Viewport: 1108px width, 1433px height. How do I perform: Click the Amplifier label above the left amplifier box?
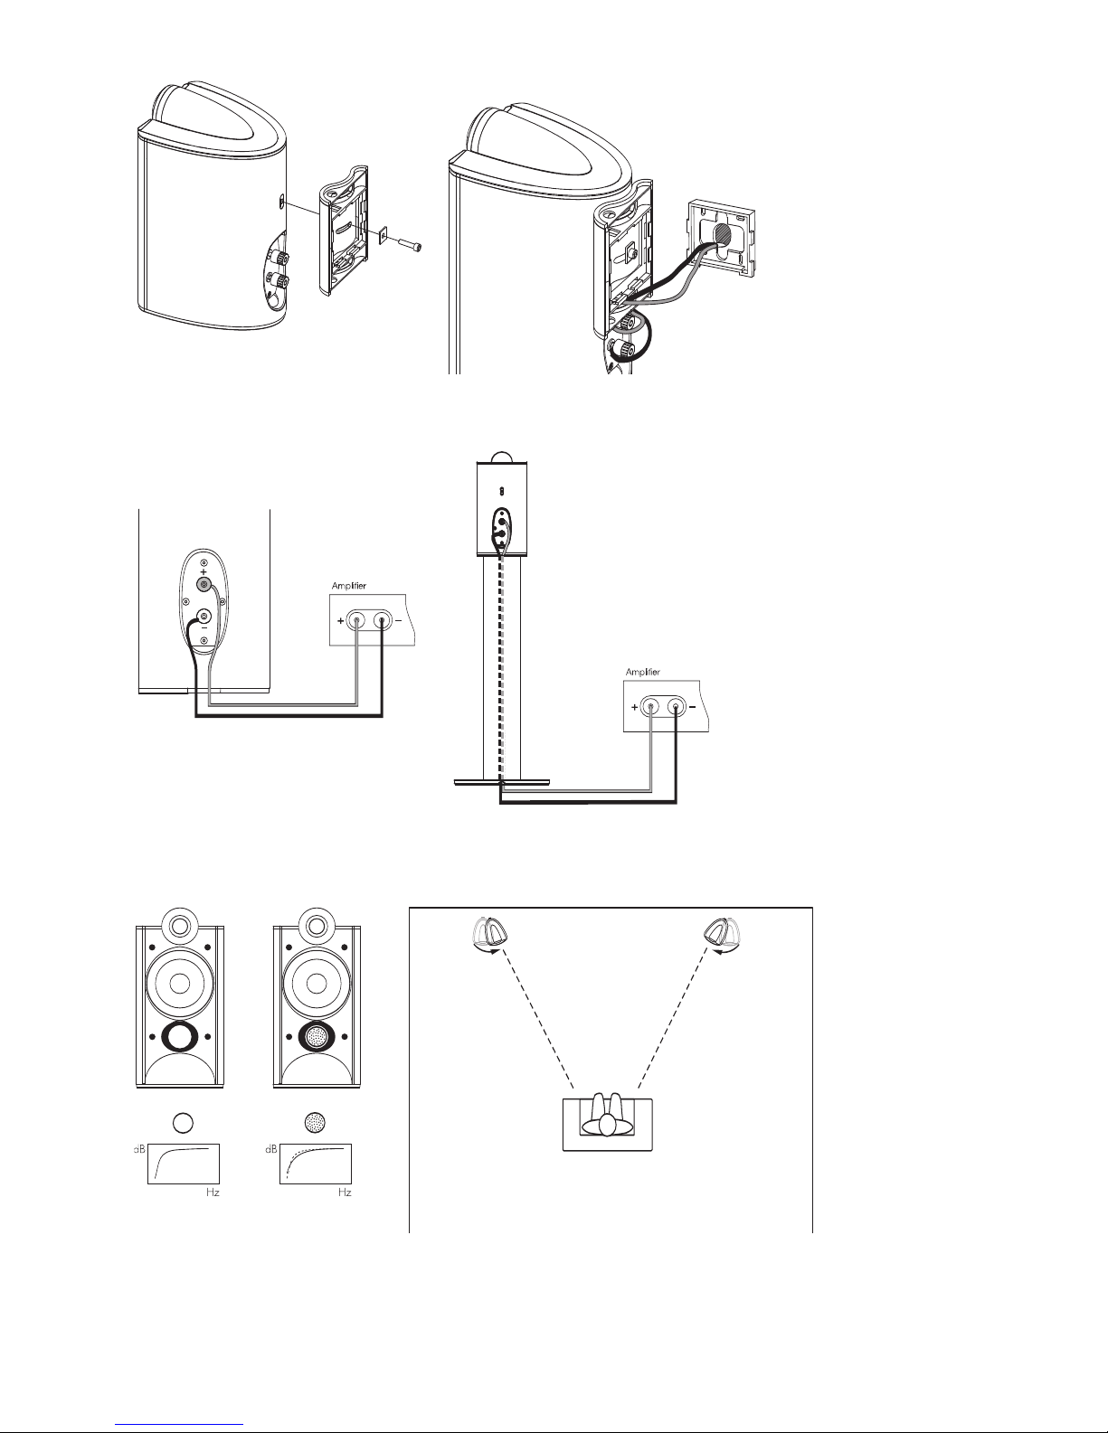[x=349, y=586]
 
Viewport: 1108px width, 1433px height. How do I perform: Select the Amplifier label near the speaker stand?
[x=643, y=672]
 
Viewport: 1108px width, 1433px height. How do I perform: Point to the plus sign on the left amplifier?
[x=340, y=620]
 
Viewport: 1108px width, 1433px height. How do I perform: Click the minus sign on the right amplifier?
[x=693, y=707]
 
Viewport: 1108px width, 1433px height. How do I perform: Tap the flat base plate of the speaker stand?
[x=501, y=783]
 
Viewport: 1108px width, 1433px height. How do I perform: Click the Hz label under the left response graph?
[x=213, y=1193]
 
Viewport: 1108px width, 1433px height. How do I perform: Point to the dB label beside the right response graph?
[x=271, y=1149]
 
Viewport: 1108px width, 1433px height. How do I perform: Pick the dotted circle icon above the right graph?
[x=316, y=1122]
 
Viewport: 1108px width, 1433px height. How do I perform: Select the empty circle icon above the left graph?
[x=184, y=1122]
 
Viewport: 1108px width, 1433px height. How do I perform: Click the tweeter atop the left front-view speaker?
[x=179, y=925]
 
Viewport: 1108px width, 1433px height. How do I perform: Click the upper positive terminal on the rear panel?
[x=204, y=586]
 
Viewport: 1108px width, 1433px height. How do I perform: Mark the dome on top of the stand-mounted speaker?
[x=501, y=457]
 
